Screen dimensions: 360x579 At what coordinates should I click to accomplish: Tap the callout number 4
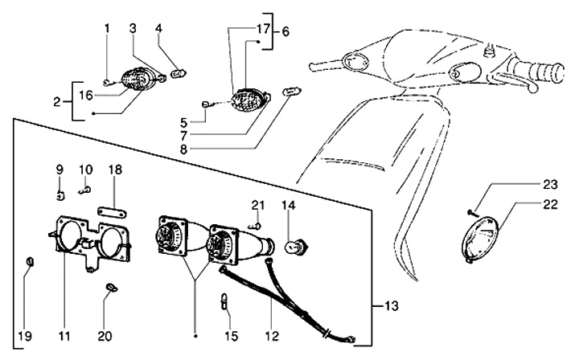(159, 29)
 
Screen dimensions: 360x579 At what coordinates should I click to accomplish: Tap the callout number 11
(64, 334)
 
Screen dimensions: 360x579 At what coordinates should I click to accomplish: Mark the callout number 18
(115, 170)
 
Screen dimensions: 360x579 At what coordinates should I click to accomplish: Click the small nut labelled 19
(27, 262)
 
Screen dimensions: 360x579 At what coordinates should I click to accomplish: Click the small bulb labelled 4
(179, 74)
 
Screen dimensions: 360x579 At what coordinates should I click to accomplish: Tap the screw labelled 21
(257, 224)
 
